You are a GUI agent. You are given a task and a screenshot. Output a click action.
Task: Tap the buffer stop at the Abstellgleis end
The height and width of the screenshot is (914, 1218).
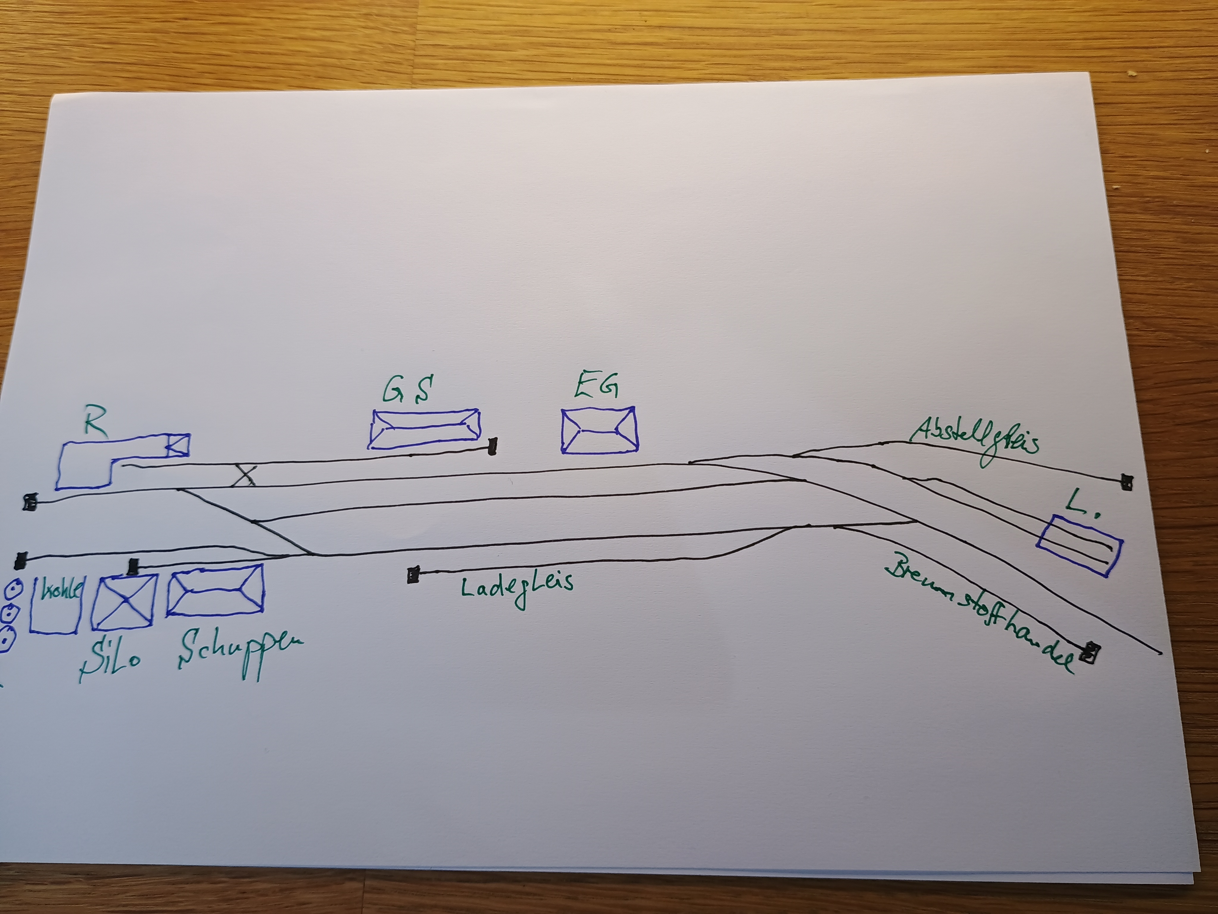pyautogui.click(x=1127, y=483)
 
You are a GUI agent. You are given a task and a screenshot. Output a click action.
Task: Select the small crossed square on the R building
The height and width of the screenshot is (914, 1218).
pyautogui.click(x=178, y=445)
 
